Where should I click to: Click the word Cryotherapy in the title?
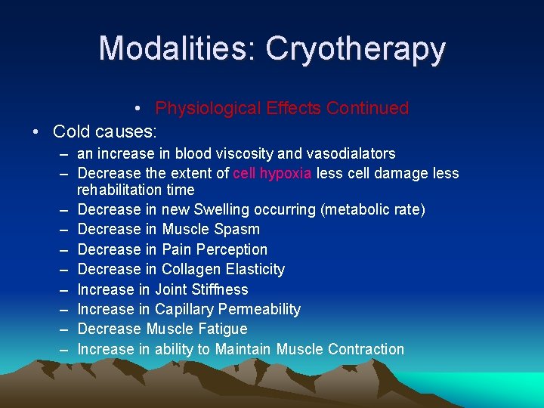355,49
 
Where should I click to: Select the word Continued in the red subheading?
367,108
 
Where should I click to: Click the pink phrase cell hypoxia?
272,174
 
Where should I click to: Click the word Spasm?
237,230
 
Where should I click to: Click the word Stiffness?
221,289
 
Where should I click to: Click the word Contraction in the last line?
366,349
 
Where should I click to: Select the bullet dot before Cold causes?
36,131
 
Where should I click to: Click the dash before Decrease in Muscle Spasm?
67,230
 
